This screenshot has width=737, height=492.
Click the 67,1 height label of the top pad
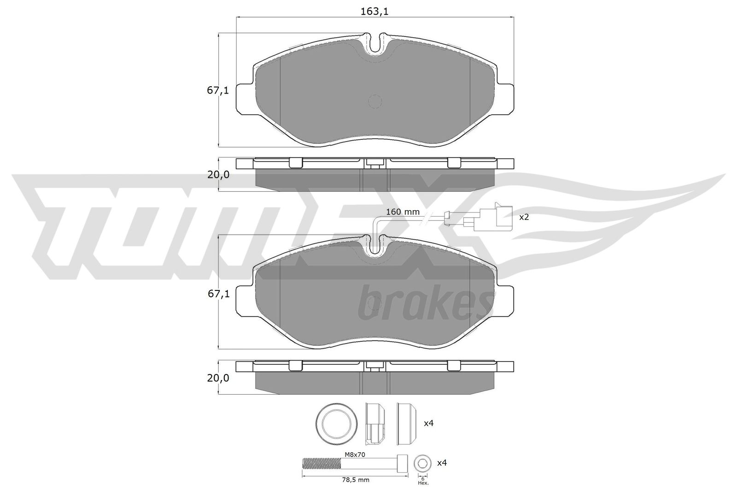(x=217, y=90)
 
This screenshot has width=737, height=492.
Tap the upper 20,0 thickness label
(x=217, y=175)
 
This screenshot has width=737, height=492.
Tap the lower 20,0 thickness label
(x=217, y=378)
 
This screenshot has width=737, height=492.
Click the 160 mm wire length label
(x=403, y=212)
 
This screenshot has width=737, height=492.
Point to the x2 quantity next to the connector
(x=524, y=217)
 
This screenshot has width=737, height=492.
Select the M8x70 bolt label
(x=355, y=454)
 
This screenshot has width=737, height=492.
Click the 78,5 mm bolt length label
(x=355, y=480)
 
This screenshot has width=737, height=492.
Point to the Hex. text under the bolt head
(x=423, y=483)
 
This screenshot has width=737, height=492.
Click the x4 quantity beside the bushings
(x=428, y=423)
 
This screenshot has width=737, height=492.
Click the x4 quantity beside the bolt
(x=442, y=462)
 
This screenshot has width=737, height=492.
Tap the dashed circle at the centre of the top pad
(x=375, y=101)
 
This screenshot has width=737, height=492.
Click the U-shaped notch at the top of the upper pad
(x=375, y=44)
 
